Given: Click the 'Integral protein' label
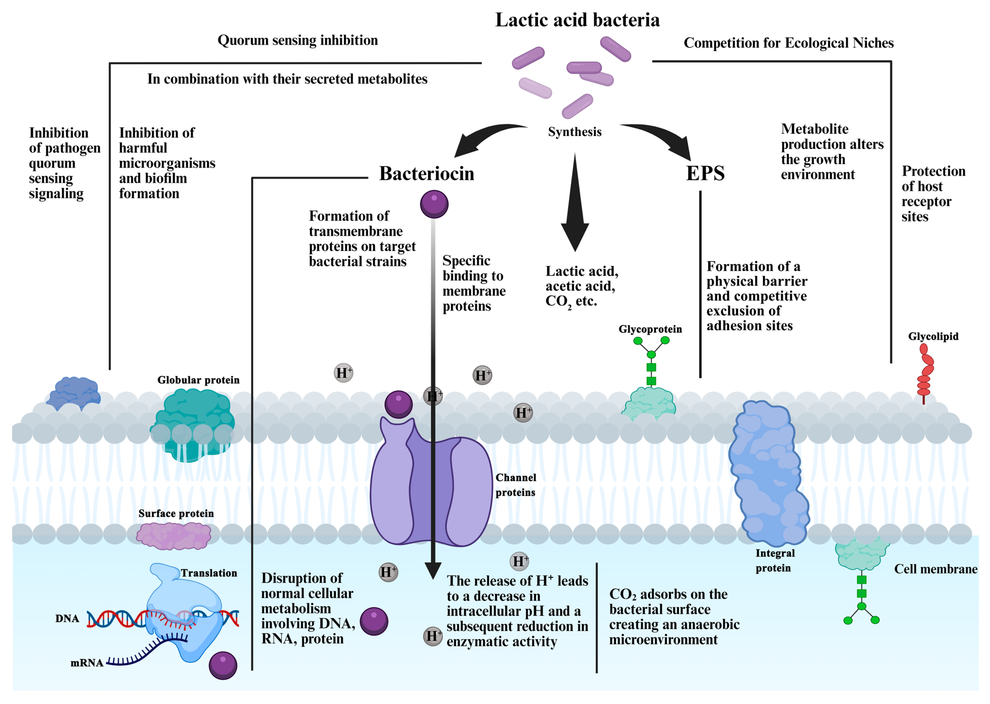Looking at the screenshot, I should point(775,561).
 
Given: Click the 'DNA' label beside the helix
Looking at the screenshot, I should point(67,619).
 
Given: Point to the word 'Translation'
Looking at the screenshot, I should point(209,573).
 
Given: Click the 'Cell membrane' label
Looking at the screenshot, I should point(935,569).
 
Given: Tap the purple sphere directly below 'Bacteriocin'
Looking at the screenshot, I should point(434,204).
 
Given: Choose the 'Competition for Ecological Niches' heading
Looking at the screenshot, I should point(789,43).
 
